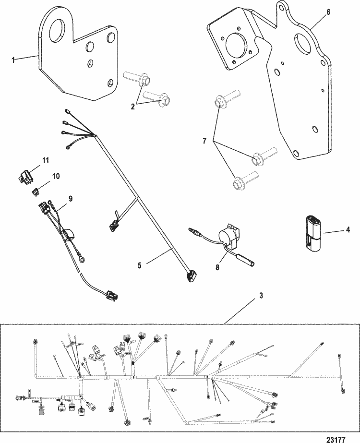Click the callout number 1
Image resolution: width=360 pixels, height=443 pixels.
click(x=13, y=60)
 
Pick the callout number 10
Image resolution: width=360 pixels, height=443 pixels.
click(x=56, y=177)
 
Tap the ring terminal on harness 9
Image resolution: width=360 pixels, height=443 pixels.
click(x=84, y=261)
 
